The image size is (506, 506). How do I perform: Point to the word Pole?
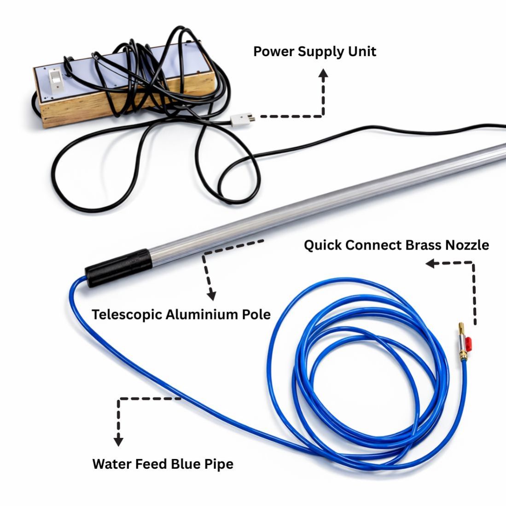pos(256,315)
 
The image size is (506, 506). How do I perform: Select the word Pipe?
pos(219,464)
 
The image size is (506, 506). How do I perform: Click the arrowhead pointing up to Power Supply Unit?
pos(324,74)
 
